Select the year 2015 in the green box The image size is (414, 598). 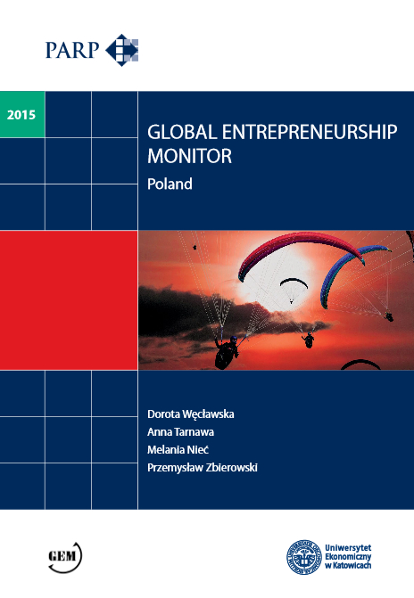(x=21, y=114)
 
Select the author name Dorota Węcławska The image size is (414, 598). (x=195, y=416)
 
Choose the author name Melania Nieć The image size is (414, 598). (x=178, y=450)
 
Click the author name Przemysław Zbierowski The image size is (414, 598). (x=202, y=467)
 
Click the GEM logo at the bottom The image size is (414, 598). (x=64, y=557)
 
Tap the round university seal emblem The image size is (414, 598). (x=303, y=556)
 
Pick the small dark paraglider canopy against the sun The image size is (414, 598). (x=293, y=284)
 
